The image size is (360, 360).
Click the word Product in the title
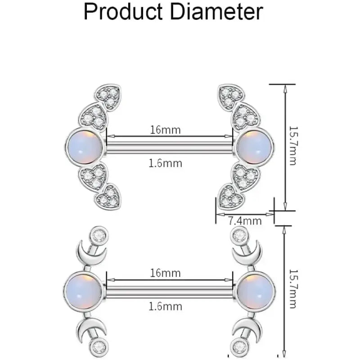click(123, 12)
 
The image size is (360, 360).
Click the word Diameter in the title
click(216, 12)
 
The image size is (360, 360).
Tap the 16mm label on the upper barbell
click(165, 130)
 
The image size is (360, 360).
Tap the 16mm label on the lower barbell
click(165, 273)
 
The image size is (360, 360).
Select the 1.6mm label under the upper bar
click(165, 163)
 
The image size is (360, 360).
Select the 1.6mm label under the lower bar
click(165, 306)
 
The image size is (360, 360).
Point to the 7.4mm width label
click(245, 221)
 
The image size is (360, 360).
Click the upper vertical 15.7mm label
click(293, 145)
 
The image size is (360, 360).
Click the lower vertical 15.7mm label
click(293, 289)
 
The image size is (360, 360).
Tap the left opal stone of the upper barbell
click(85, 147)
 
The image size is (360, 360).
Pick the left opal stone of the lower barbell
click(83, 291)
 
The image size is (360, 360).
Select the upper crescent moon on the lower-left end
click(91, 254)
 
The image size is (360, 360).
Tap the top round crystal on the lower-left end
click(99, 235)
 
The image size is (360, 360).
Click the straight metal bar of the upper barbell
click(170, 147)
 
